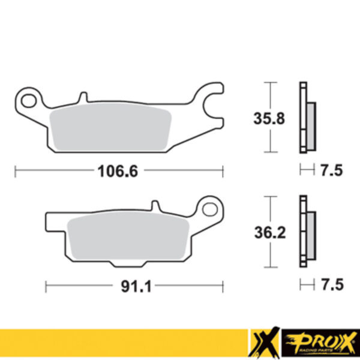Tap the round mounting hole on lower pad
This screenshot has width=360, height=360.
(x=211, y=209)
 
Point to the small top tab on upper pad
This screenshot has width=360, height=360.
(x=83, y=96)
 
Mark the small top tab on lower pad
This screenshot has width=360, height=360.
(x=155, y=207)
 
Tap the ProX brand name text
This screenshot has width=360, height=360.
(x=318, y=341)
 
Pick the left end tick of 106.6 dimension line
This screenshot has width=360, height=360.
(x=15, y=172)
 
